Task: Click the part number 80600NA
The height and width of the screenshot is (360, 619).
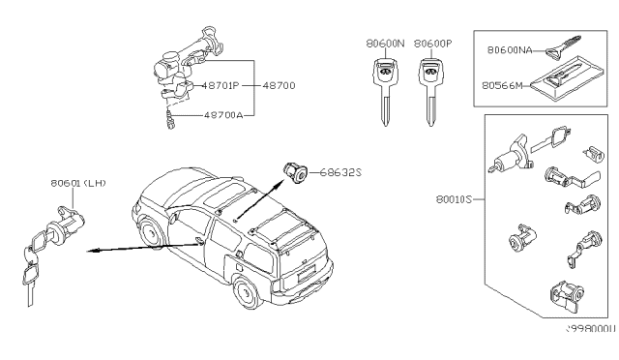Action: [511, 47]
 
